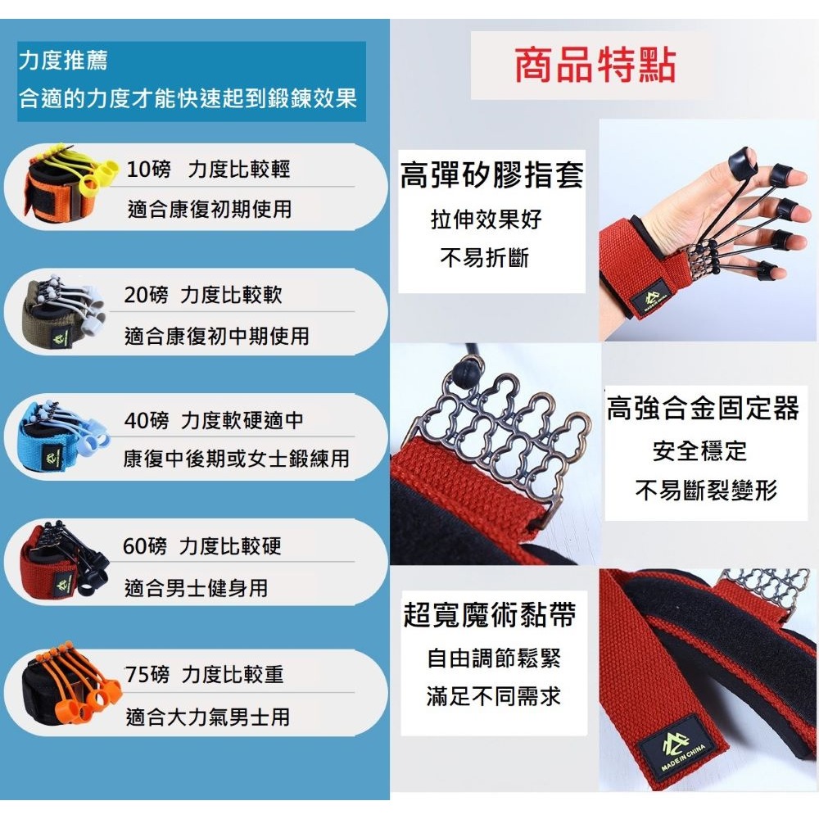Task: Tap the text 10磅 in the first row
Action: pos(148,170)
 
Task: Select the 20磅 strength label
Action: pos(145,295)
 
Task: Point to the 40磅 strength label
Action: pos(147,421)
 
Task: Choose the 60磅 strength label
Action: pos(145,546)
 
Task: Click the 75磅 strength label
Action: pos(147,675)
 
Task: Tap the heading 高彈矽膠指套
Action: pos(491,176)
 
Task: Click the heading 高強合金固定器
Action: pos(703,409)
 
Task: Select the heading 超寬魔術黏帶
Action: pos(489,615)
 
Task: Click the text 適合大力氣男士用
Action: pos(208,718)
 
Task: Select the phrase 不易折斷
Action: pos(485,259)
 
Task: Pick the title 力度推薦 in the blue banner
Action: pos(63,61)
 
